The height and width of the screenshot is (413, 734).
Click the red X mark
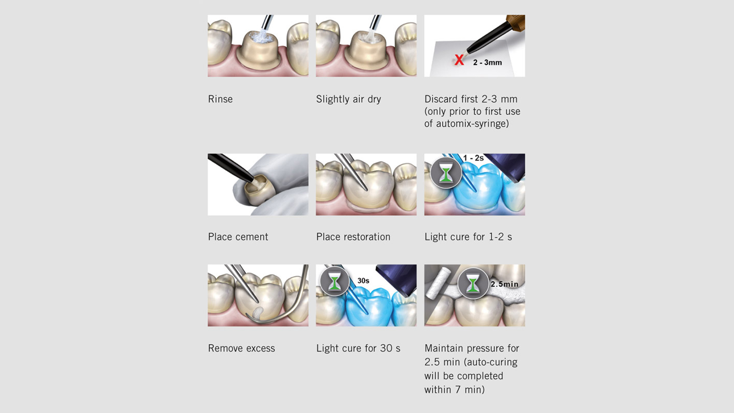[459, 60]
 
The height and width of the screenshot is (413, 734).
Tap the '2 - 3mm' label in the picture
[487, 62]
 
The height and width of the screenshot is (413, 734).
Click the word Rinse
[220, 99]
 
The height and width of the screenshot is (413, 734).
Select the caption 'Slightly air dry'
[348, 99]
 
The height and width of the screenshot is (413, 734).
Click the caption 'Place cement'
[238, 237]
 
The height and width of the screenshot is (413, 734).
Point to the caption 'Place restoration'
[353, 237]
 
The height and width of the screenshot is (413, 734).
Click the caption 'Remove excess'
[241, 348]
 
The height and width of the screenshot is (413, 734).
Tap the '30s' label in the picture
[363, 281]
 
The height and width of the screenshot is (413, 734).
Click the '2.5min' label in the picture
[504, 284]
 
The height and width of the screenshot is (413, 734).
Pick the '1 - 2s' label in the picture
[473, 158]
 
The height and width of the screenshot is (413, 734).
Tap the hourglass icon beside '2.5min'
[473, 284]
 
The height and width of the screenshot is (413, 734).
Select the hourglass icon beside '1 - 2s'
[446, 173]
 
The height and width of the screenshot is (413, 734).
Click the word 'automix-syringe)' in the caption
[472, 123]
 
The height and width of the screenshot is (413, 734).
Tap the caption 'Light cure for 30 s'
[358, 348]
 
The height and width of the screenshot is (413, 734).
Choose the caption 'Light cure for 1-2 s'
[468, 237]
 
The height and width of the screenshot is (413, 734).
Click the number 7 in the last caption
[457, 390]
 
